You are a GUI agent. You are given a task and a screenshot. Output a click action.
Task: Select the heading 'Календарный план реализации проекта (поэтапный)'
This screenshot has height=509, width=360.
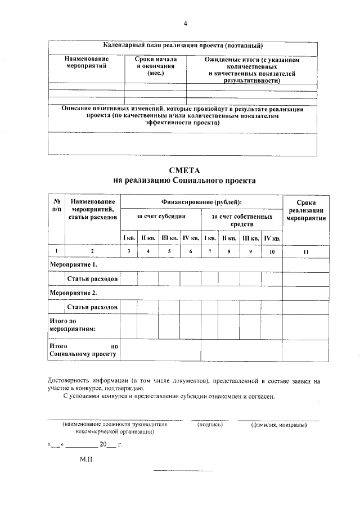tap(184, 46)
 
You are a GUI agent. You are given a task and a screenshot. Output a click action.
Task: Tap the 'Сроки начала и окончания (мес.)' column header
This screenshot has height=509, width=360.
tap(155, 66)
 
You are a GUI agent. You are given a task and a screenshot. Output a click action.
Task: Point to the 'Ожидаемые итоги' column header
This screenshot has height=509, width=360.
tap(251, 70)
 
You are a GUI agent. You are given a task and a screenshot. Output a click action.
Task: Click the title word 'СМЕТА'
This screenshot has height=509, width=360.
tap(184, 170)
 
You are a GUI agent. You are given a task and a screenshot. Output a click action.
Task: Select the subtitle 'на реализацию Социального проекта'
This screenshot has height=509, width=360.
tap(184, 181)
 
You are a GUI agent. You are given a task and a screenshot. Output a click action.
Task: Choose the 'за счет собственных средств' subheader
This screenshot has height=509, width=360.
tap(242, 220)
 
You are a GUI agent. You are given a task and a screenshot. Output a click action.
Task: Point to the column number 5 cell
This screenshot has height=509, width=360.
tap(169, 251)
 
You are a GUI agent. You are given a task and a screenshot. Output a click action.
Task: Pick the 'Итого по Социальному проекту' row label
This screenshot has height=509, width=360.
tap(83, 350)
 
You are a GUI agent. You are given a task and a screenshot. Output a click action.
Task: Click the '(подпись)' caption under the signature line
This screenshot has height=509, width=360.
tap(210, 425)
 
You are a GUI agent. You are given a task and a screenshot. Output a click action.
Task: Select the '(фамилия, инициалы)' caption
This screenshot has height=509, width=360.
tap(278, 425)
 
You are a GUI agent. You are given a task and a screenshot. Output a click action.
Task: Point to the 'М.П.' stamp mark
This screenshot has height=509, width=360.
tap(87, 460)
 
